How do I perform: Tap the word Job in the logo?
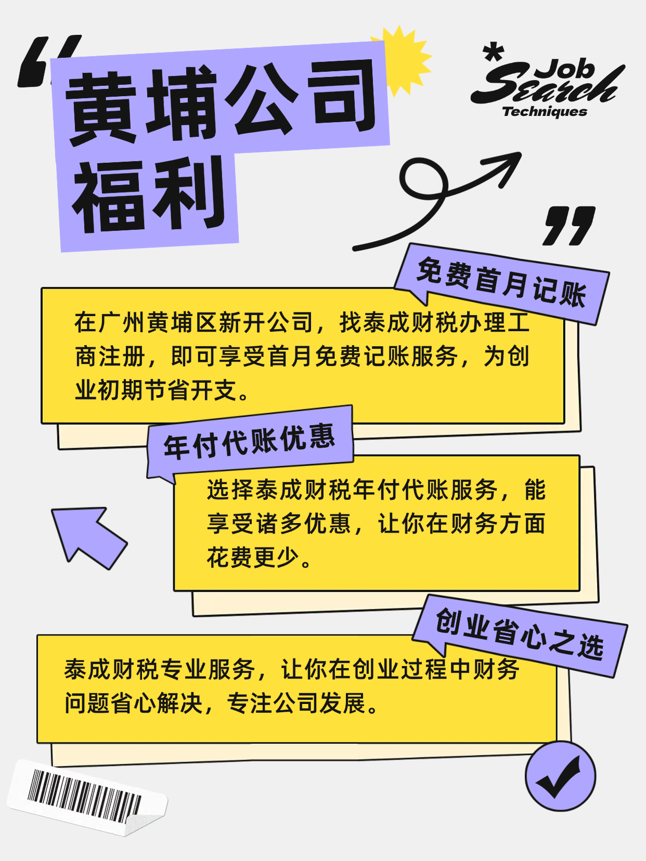565,69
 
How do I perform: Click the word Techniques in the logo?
545,112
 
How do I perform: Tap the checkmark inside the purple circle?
558,777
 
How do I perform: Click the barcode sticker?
87,797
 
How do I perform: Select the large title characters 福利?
149,193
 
